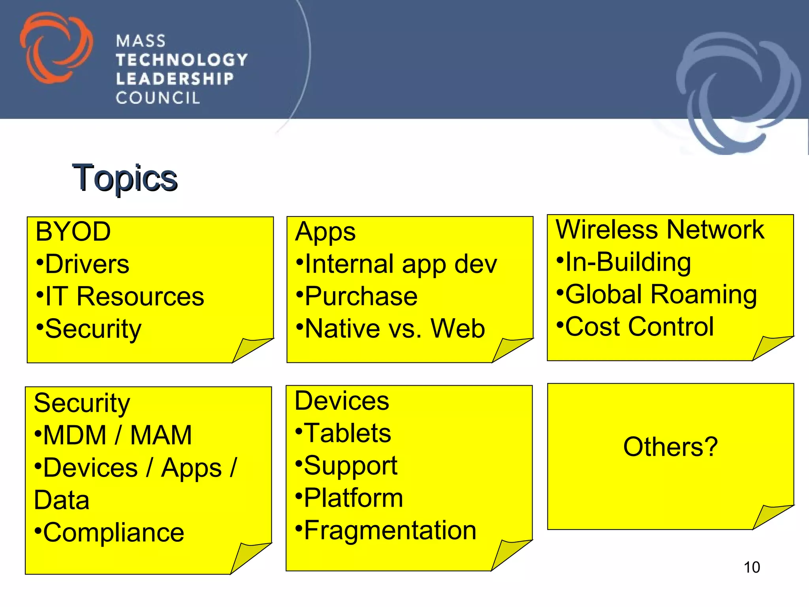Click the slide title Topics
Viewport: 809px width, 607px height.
pyautogui.click(x=125, y=178)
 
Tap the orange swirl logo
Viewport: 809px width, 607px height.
pyautogui.click(x=56, y=48)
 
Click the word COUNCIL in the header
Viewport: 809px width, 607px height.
pyautogui.click(x=158, y=98)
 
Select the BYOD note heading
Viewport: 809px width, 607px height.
pyautogui.click(x=73, y=232)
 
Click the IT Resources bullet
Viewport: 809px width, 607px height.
pyautogui.click(x=120, y=296)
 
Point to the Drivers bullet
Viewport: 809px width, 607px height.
pyautogui.click(x=83, y=264)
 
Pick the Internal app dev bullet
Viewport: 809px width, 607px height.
pyautogui.click(x=397, y=264)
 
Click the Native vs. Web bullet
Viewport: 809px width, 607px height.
pyautogui.click(x=391, y=328)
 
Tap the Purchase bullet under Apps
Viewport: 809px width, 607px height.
pyautogui.click(x=357, y=296)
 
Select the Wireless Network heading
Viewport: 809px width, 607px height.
pyautogui.click(x=660, y=230)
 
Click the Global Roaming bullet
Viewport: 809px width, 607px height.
pyautogui.click(x=657, y=294)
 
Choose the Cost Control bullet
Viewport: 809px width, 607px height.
pyautogui.click(x=635, y=327)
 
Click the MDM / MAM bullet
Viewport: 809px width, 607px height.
pyautogui.click(x=113, y=435)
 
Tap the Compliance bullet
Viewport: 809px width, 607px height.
pyautogui.click(x=109, y=533)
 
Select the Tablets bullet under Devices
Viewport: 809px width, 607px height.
pyautogui.click(x=343, y=433)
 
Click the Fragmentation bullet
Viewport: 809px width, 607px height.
pyautogui.click(x=386, y=530)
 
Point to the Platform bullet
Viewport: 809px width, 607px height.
pyautogui.click(x=350, y=498)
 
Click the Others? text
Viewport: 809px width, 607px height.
pyautogui.click(x=670, y=447)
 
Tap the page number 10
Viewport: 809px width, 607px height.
pyautogui.click(x=752, y=567)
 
